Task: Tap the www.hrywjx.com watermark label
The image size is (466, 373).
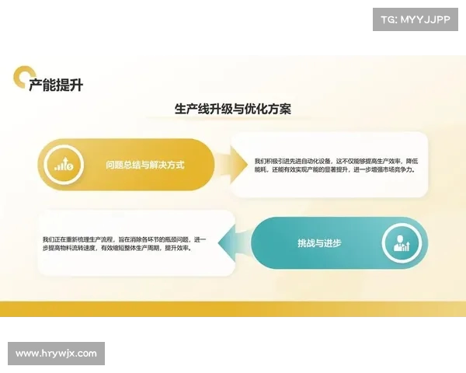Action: [56, 353]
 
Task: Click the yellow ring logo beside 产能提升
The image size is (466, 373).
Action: [22, 77]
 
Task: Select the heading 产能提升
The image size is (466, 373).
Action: [56, 85]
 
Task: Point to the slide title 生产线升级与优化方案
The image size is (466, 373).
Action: [233, 110]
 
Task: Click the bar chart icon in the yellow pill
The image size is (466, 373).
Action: [64, 165]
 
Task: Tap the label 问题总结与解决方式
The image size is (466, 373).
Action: [145, 165]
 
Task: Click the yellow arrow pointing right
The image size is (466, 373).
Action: [225, 165]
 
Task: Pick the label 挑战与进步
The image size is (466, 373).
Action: [319, 243]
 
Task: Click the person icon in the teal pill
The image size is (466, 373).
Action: [402, 243]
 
